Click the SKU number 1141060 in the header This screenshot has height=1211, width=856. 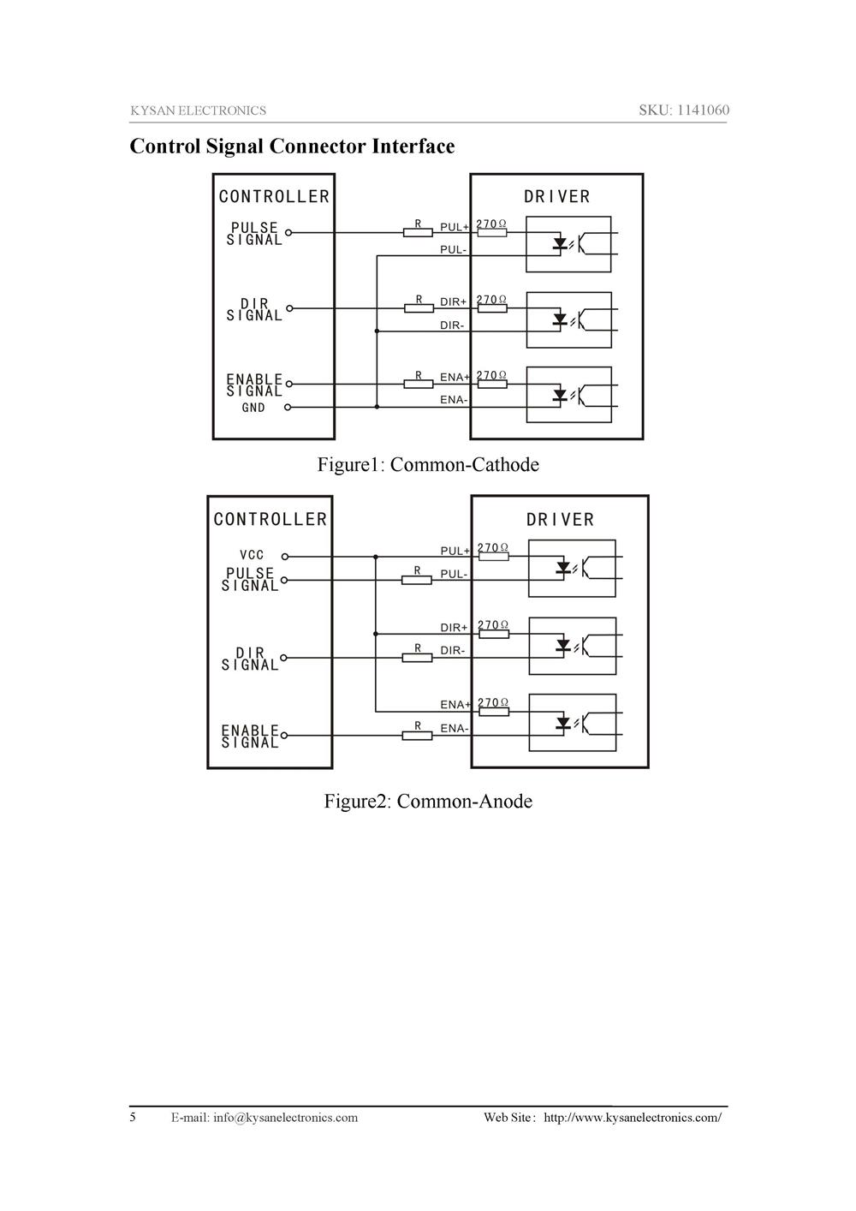pos(703,110)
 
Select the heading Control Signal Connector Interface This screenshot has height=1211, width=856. pos(292,146)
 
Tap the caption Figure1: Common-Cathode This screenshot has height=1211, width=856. pos(428,465)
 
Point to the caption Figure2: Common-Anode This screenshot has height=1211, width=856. pos(428,802)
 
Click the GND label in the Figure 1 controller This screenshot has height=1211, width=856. pos(253,409)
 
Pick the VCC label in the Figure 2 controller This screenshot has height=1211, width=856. pos(252,556)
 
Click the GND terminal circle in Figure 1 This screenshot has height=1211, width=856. pos(288,408)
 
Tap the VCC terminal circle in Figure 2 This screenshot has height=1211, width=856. pos(285,557)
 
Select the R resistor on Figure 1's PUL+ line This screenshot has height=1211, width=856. pos(418,232)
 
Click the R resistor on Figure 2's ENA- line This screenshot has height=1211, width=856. pos(417,735)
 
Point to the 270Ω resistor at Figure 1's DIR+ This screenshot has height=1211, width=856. pos(492,308)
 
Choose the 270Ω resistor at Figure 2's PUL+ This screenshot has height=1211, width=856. pos(494,557)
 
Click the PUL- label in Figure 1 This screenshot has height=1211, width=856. pos(453,250)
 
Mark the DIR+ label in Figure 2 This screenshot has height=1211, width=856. pos(454,628)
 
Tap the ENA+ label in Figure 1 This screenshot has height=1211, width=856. pos(455,377)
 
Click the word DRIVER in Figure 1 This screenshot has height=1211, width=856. pos(557,197)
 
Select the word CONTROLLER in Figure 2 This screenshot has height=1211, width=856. pos(270,520)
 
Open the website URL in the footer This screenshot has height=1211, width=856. pos(633,1118)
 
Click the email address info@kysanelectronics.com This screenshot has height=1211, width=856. pos(285,1118)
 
